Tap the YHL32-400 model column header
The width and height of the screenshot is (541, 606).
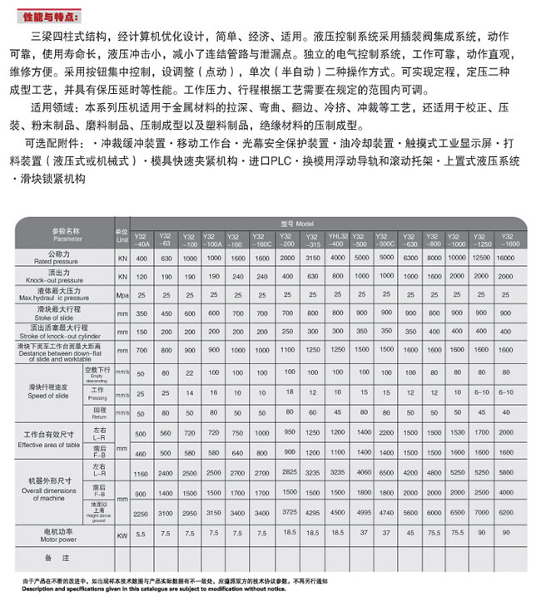336,240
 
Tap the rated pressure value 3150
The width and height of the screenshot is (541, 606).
314,258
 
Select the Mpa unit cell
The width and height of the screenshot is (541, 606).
122,294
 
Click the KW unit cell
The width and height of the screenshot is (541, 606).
122,535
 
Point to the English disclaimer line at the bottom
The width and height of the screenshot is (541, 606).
142,589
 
